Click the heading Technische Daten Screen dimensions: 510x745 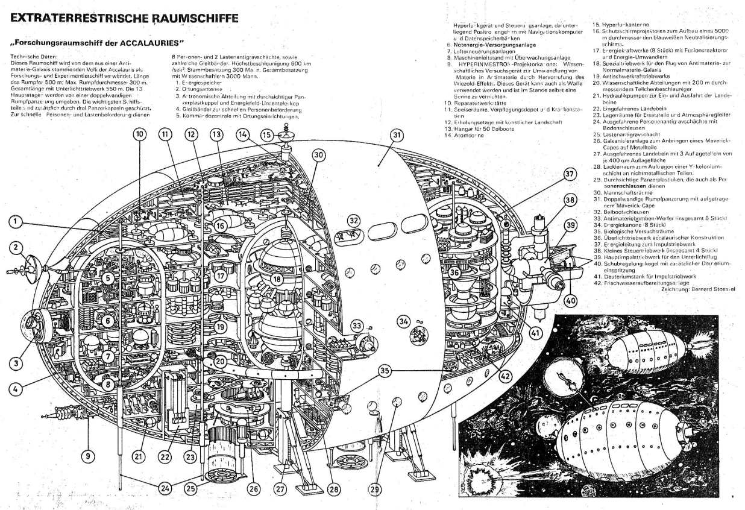[x=29, y=55]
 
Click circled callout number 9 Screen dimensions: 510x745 [x=88, y=456]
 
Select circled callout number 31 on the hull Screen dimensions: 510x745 [x=396, y=136]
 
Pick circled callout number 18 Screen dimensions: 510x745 [x=277, y=279]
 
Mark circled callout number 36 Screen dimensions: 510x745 [x=455, y=272]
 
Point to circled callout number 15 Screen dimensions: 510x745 [x=267, y=135]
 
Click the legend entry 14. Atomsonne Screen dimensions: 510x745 [x=464, y=135]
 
